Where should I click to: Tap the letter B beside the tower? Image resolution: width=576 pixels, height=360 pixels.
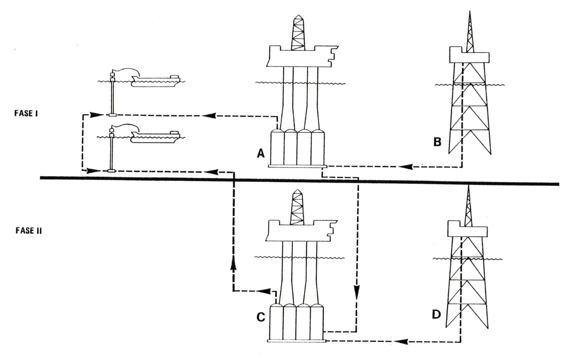(x=437, y=141)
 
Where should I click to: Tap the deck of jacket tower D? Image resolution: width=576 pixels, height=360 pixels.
(x=466, y=230)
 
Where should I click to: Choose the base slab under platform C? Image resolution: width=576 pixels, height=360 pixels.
(x=296, y=340)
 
